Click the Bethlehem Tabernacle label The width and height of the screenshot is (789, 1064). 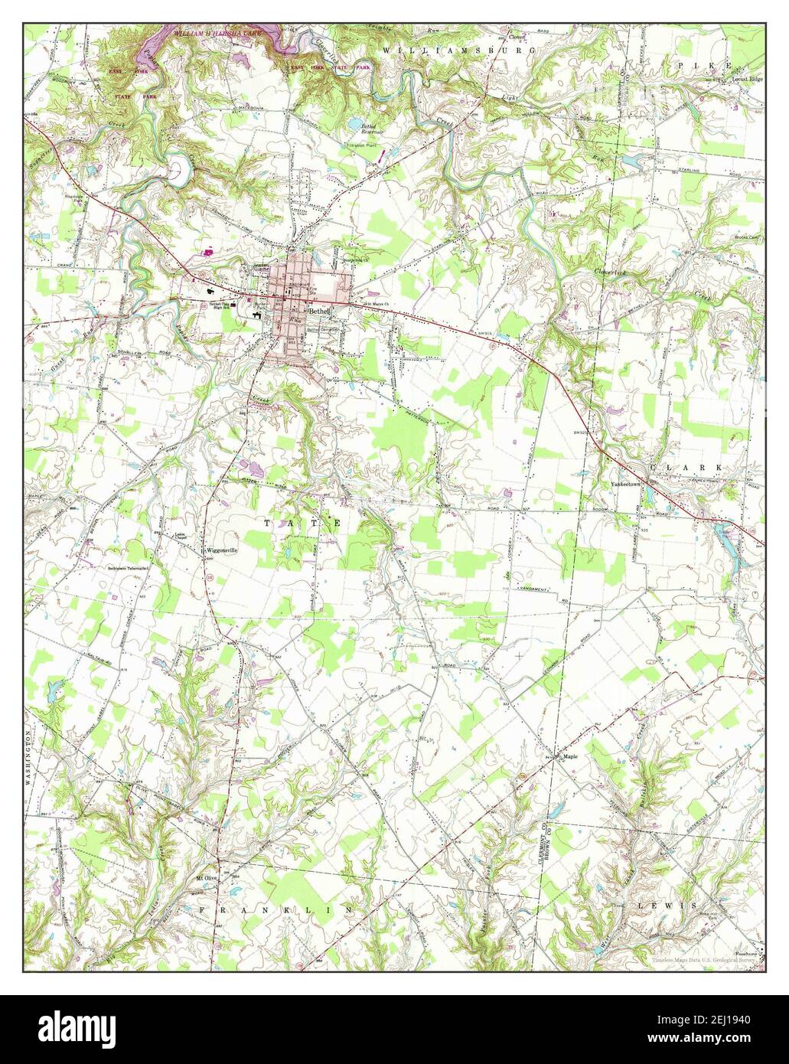(127, 568)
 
